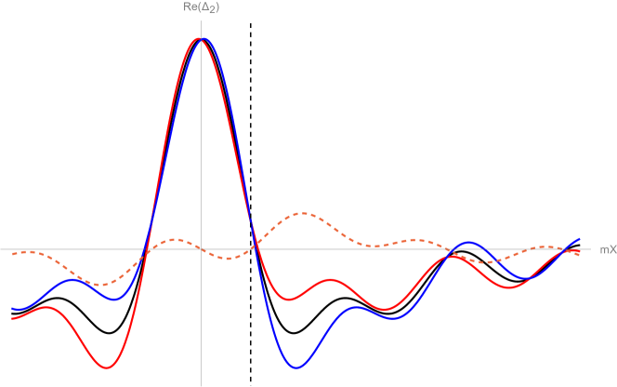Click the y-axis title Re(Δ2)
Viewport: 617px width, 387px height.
(x=201, y=7)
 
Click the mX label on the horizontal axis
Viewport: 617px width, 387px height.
(x=608, y=249)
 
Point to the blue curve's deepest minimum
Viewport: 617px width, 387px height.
(x=296, y=368)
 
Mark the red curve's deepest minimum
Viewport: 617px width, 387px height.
(x=107, y=368)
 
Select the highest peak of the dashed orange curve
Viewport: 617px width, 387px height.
(x=302, y=213)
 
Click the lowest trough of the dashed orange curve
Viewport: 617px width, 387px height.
(x=99, y=284)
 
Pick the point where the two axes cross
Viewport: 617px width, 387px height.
(x=201, y=249)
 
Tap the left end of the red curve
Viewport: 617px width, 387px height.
(x=12, y=318)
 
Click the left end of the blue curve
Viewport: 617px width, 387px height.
(x=12, y=308)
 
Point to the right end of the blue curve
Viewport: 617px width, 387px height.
(x=581, y=239)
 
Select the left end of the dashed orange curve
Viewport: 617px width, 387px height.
(x=12, y=253)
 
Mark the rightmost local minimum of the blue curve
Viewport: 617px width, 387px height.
(x=525, y=278)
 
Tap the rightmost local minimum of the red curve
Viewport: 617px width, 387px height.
(x=509, y=288)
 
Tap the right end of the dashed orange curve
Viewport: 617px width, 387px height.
(x=581, y=252)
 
